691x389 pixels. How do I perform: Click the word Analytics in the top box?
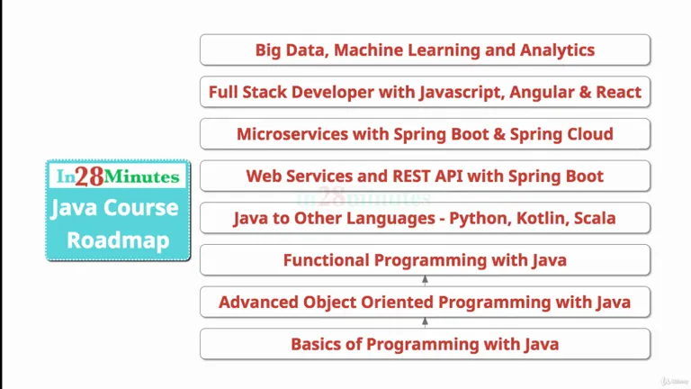557,50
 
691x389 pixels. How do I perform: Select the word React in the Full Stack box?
619,92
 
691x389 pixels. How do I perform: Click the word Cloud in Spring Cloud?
590,134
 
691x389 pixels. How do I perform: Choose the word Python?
478,219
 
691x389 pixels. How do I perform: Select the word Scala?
595,218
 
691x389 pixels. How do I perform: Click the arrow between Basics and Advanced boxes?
425,323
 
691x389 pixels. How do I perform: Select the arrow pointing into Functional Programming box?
425,281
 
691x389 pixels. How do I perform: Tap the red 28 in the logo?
89,176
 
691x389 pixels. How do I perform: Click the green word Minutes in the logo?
142,176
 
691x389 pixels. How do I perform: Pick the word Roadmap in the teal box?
118,240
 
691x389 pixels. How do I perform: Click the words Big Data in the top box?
292,50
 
